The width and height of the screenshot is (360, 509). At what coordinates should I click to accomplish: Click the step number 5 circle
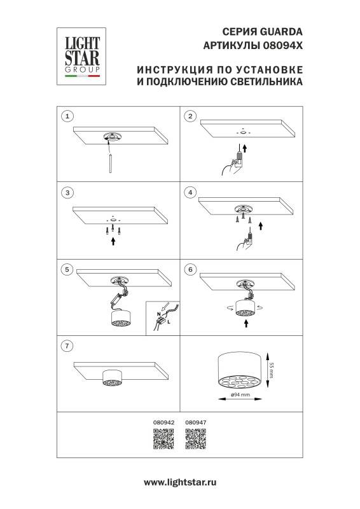pos(67,269)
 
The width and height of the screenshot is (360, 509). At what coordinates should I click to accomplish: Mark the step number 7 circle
pos(67,346)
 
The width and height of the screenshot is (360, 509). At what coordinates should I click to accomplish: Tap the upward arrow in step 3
pos(113,241)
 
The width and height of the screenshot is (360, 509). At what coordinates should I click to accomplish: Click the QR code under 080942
pos(163,440)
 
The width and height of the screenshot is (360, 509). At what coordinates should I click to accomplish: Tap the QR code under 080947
pos(195,440)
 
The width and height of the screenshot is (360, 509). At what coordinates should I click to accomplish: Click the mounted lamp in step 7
pos(112,378)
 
